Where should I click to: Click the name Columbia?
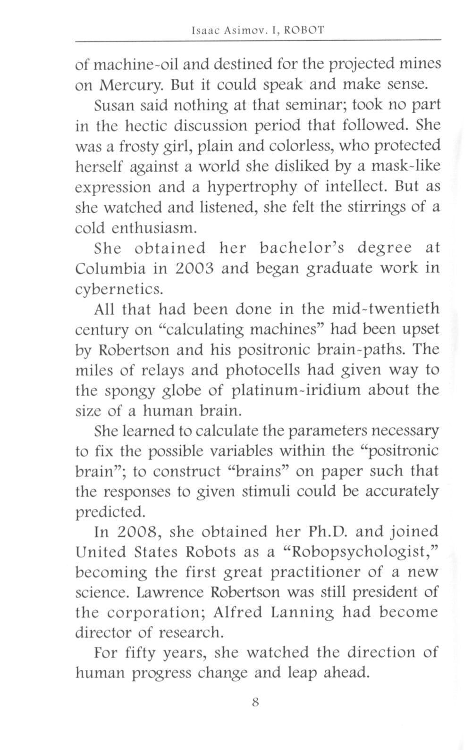point(110,268)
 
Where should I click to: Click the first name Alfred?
point(237,612)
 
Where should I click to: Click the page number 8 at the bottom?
point(255,701)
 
